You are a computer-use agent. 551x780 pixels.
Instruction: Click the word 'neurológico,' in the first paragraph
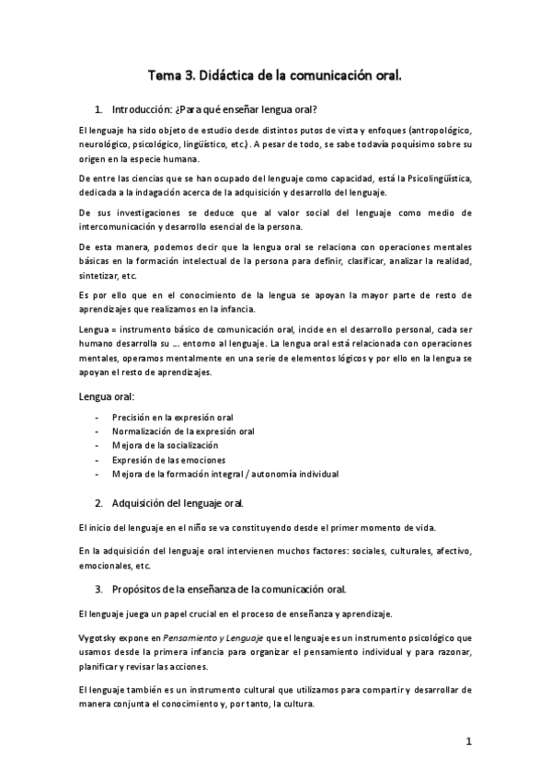[105, 145]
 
